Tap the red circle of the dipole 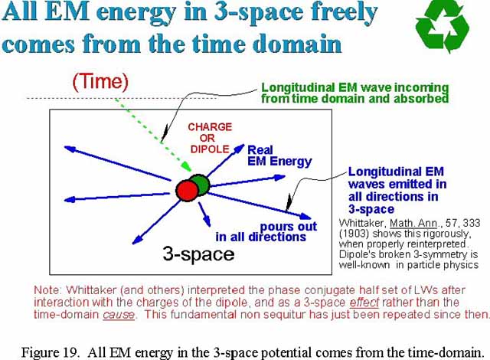pyautogui.click(x=187, y=190)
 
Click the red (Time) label pyautogui.click(x=100, y=81)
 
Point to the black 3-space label pyautogui.click(x=198, y=254)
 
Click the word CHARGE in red pyautogui.click(x=210, y=127)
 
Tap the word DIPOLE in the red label pyautogui.click(x=210, y=149)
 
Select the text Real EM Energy pyautogui.click(x=279, y=155)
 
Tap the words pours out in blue pyautogui.click(x=289, y=226)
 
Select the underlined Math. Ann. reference pyautogui.click(x=413, y=223)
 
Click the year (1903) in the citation pyautogui.click(x=354, y=234)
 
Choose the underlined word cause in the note pyautogui.click(x=119, y=314)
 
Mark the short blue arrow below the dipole pyautogui.click(x=204, y=214)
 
